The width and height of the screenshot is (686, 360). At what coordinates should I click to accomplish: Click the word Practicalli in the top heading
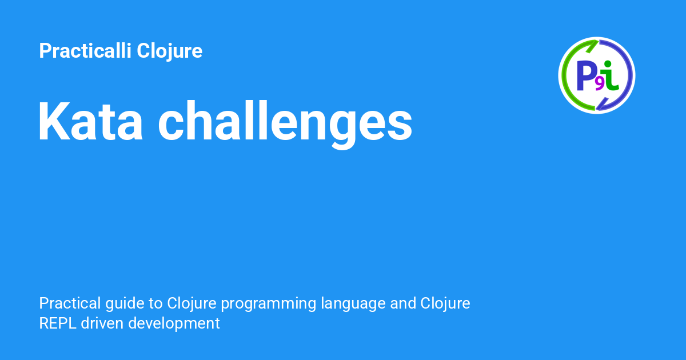pyautogui.click(x=85, y=50)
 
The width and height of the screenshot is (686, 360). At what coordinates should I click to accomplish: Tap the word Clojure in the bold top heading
pyautogui.click(x=169, y=51)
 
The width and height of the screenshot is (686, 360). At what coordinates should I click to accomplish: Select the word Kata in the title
pyautogui.click(x=90, y=121)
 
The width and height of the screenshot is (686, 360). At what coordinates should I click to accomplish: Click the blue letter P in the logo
pyautogui.click(x=586, y=75)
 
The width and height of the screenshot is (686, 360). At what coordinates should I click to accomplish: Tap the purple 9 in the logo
pyautogui.click(x=599, y=85)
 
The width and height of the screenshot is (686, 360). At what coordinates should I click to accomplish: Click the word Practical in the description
pyautogui.click(x=70, y=303)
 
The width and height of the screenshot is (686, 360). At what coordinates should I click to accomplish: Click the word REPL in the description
pyautogui.click(x=58, y=323)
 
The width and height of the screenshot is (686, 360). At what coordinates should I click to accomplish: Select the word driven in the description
pyautogui.click(x=102, y=323)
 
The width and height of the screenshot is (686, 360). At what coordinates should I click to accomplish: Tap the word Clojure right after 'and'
pyautogui.click(x=445, y=304)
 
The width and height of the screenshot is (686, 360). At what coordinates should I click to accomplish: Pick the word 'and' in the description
pyautogui.click(x=403, y=303)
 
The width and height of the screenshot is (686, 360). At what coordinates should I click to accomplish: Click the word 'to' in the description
pyautogui.click(x=155, y=304)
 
